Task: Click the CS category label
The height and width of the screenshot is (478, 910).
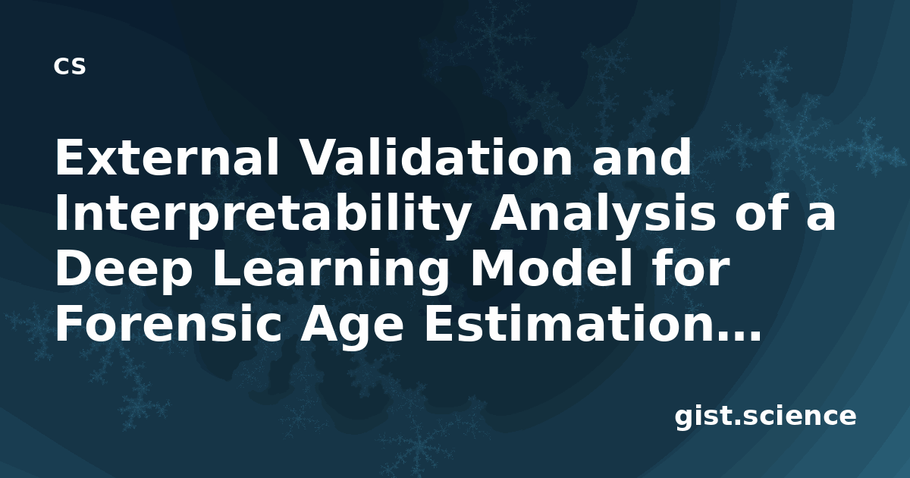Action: [70, 66]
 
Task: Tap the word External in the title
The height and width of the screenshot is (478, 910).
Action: [167, 157]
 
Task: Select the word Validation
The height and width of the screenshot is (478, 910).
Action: [435, 157]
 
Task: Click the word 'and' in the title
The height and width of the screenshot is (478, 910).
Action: [642, 157]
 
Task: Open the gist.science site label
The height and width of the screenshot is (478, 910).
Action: [765, 417]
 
